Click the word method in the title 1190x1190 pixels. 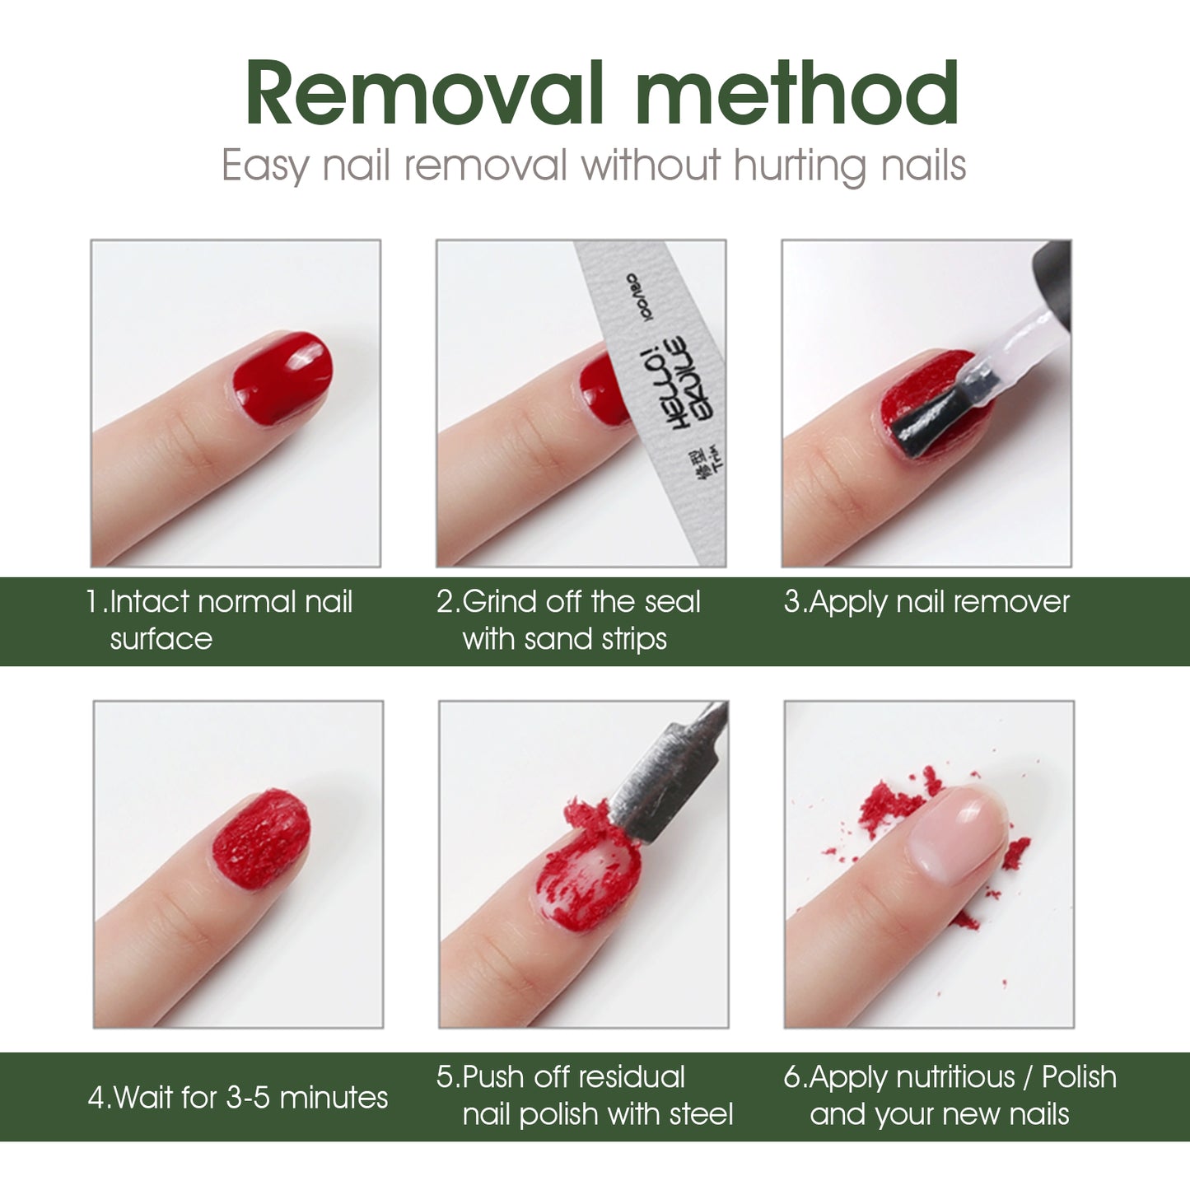[x=796, y=94]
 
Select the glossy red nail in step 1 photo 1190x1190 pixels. [x=282, y=380]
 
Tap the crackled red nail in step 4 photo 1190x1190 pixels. [x=262, y=838]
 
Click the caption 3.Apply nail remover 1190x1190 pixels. [x=926, y=602]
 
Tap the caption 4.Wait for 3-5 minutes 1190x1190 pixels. [x=238, y=1097]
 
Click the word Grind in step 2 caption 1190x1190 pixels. [x=501, y=602]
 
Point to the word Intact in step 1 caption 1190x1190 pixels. [x=149, y=602]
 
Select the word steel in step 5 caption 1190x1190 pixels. [x=701, y=1114]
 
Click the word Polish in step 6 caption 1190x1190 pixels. [x=1079, y=1077]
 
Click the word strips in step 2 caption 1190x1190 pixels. [x=632, y=639]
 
